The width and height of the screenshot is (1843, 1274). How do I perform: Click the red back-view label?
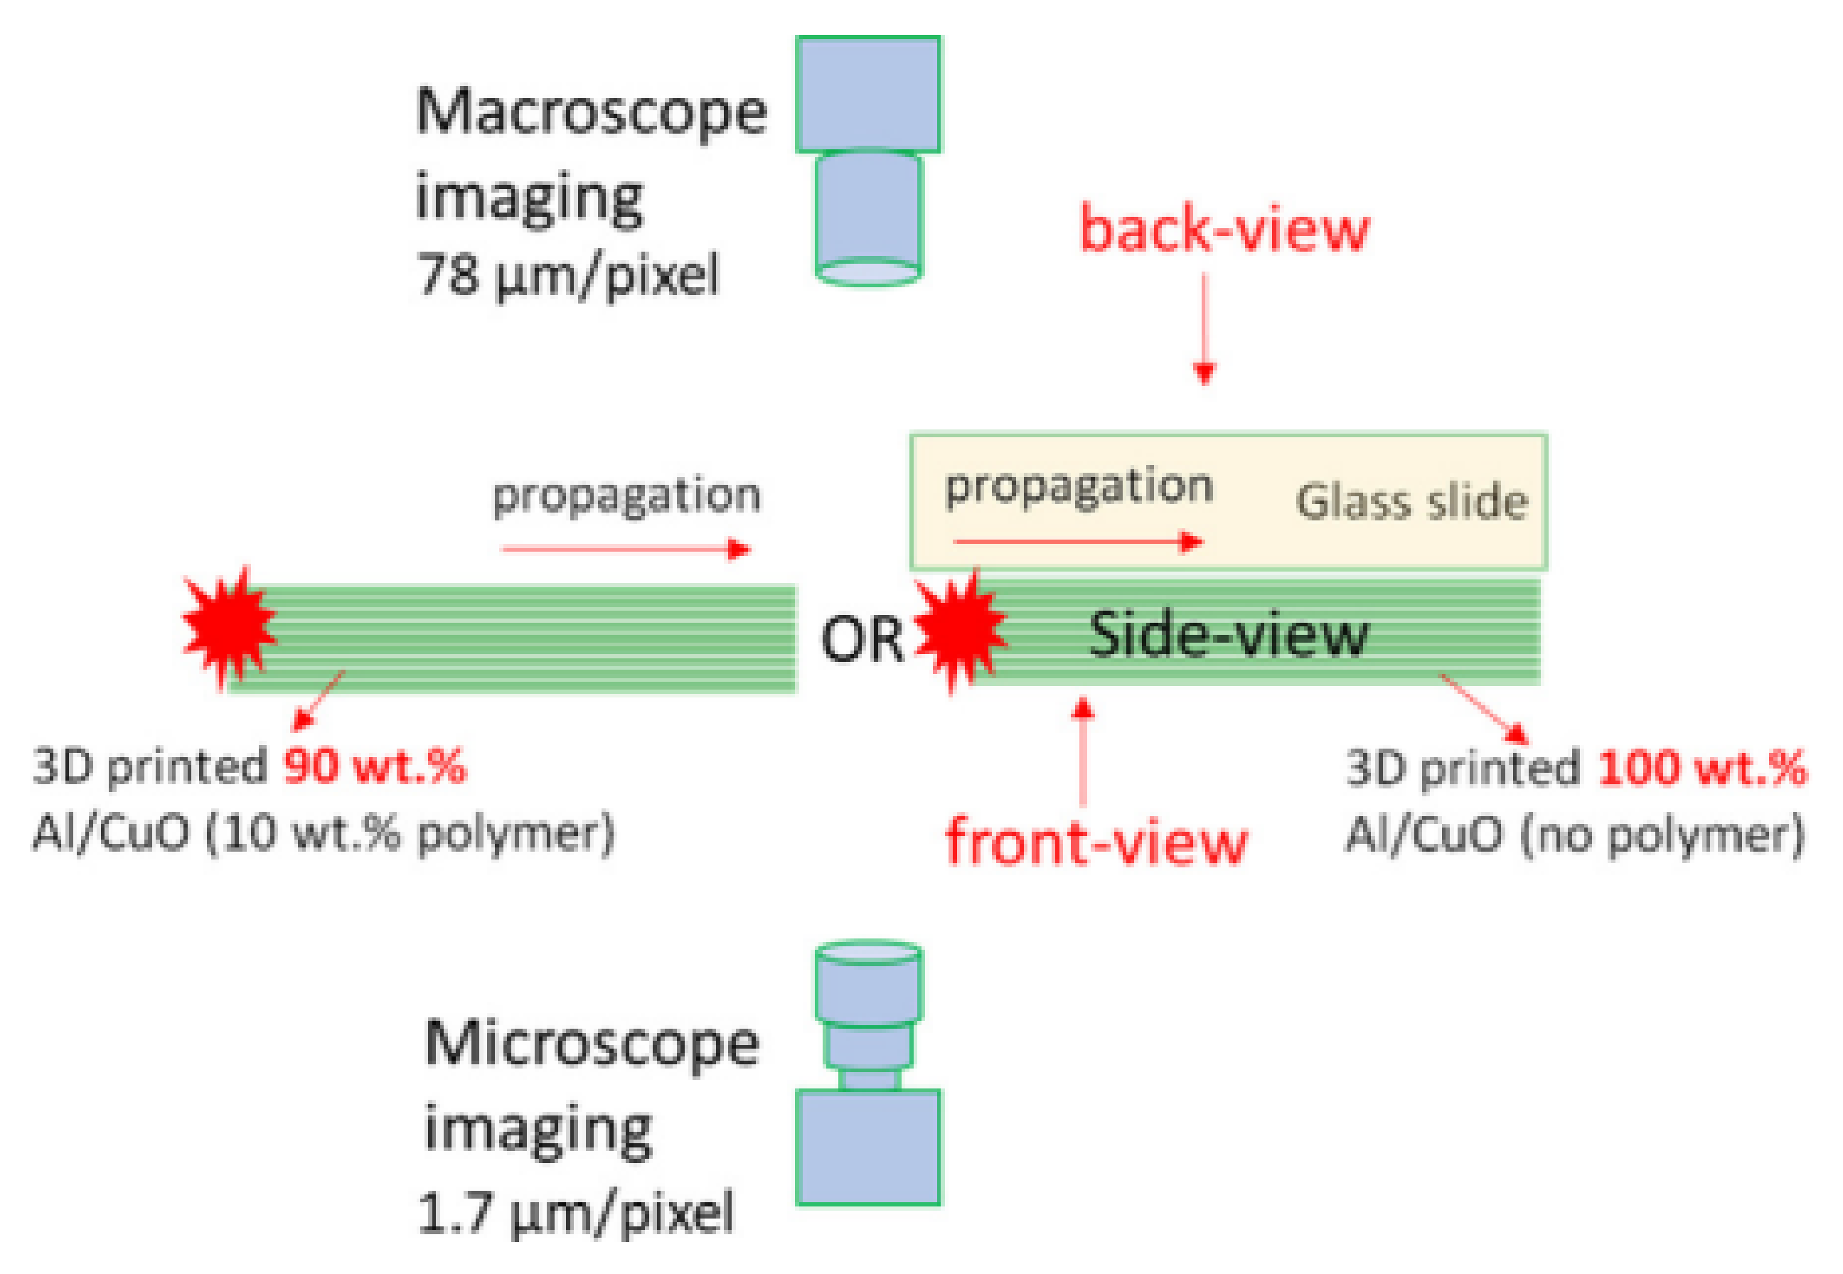coord(1224,229)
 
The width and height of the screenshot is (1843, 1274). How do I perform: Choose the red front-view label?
coord(1095,842)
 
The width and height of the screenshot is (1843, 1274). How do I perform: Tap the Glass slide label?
coord(1411,502)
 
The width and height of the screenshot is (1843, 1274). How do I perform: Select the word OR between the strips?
coord(862,639)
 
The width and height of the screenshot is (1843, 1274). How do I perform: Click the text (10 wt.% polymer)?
coord(411,833)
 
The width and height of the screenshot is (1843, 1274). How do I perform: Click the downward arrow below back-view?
coord(1204,327)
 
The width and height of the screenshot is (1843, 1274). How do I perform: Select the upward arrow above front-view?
coord(1082,750)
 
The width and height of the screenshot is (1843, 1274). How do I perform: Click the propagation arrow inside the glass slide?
coord(1077,542)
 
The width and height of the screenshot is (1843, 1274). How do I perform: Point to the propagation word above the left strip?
coord(626,496)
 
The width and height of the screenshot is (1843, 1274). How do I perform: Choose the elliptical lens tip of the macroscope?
coord(868,272)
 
